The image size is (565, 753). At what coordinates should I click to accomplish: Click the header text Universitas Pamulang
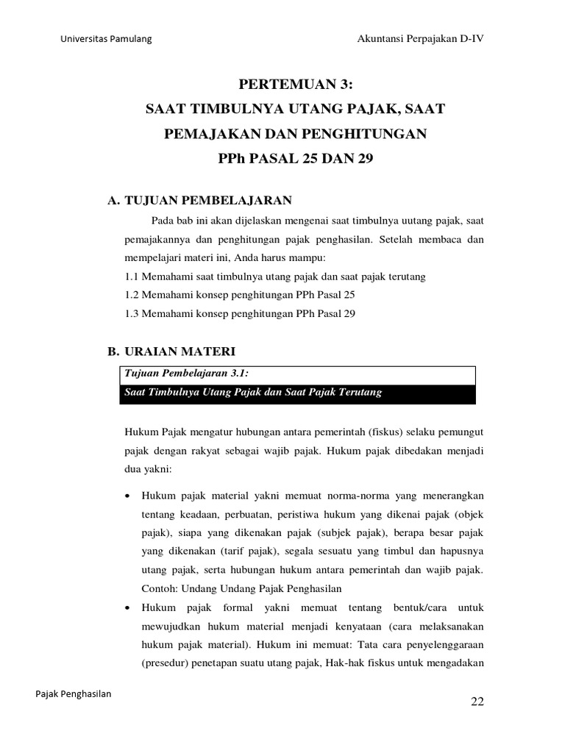coord(106,39)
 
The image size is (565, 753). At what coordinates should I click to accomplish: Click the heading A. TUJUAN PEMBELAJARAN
coord(200,199)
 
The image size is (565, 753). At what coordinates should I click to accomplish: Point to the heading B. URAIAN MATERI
coord(171,352)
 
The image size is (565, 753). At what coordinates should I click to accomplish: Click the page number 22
coord(477,702)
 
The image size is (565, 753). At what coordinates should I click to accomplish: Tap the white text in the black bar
coord(253,393)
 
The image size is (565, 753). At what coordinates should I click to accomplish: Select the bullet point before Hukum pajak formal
coord(129,609)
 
